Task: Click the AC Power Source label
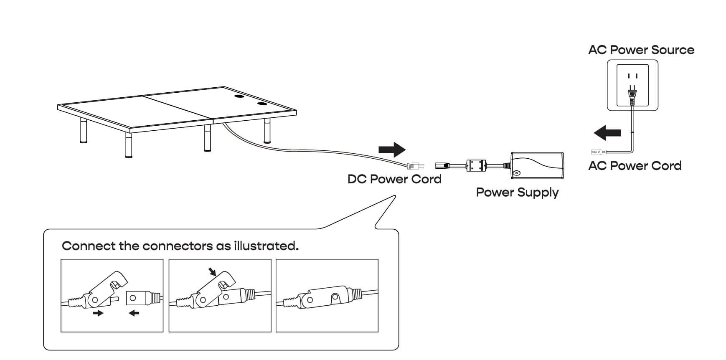pyautogui.click(x=641, y=50)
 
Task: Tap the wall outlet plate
pyautogui.click(x=632, y=85)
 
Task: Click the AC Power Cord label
pyautogui.click(x=635, y=166)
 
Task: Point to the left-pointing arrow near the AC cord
pyautogui.click(x=607, y=133)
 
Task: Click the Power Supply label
pyautogui.click(x=517, y=193)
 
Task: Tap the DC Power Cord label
pyautogui.click(x=394, y=179)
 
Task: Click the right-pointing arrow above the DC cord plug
pyautogui.click(x=391, y=150)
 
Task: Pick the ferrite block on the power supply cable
pyautogui.click(x=477, y=165)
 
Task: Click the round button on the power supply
pyautogui.click(x=517, y=173)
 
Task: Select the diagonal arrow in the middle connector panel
pyautogui.click(x=213, y=272)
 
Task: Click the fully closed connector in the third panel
pyautogui.click(x=327, y=297)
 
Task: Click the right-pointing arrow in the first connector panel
pyautogui.click(x=98, y=313)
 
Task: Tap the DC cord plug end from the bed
pyautogui.click(x=415, y=166)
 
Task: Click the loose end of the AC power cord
pyautogui.click(x=595, y=152)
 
